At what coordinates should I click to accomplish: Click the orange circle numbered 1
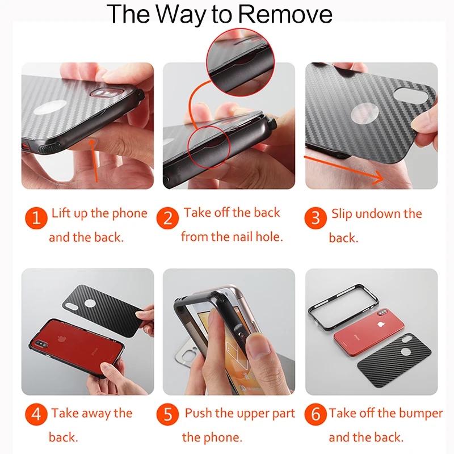[x=36, y=218]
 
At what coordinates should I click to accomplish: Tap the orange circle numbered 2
[x=167, y=218]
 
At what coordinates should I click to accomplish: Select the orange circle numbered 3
[x=316, y=218]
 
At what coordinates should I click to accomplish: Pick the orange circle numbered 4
[x=36, y=414]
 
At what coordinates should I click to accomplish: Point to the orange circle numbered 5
[x=167, y=414]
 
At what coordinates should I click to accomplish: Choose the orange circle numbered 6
[x=316, y=414]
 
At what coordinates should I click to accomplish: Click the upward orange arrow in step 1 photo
[x=94, y=161]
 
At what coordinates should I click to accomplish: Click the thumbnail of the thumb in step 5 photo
[x=259, y=347]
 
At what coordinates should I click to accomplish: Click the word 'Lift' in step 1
[x=61, y=213]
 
